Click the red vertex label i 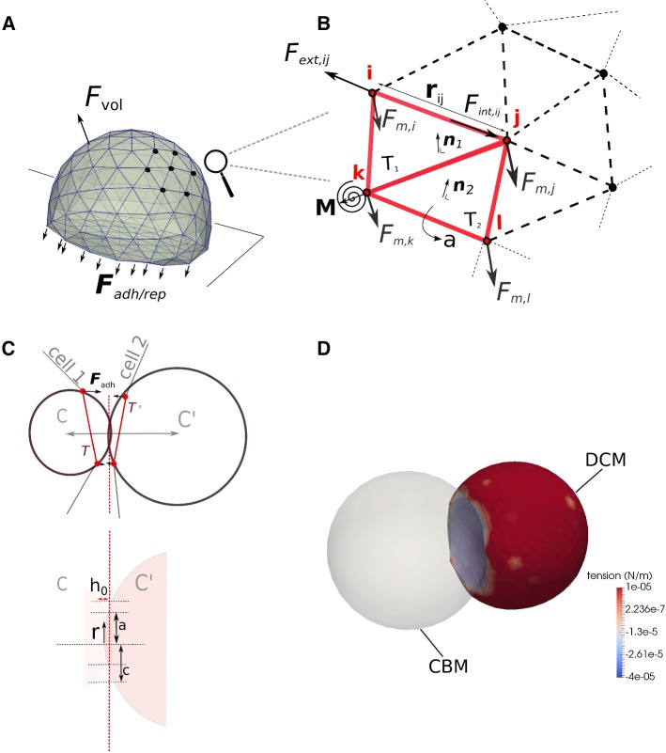pyautogui.click(x=370, y=73)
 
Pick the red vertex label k pyautogui.click(x=357, y=172)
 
